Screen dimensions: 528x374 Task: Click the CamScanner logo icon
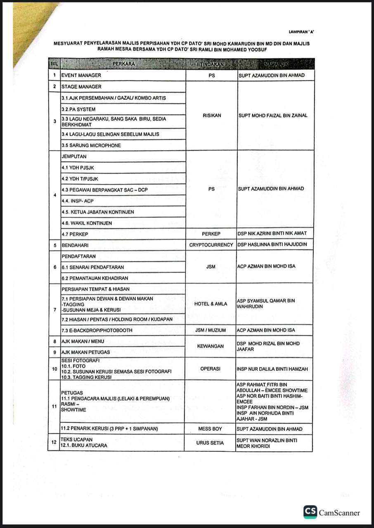pos(310,512)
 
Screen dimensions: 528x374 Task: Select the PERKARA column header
pos(123,64)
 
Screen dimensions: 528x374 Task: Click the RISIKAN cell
pos(212,115)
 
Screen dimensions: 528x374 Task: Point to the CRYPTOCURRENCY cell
pos(211,245)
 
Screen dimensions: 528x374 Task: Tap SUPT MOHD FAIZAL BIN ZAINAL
pos(273,115)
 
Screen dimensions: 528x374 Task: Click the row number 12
pos(54,443)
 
